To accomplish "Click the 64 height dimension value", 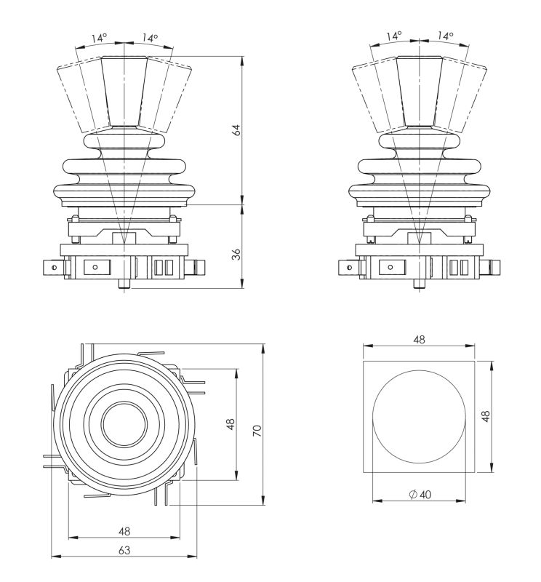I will coord(235,130).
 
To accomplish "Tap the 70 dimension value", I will coord(256,431).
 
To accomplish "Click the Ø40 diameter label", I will coord(420,494).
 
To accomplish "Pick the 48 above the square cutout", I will coord(419,340).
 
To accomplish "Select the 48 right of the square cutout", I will coord(485,415).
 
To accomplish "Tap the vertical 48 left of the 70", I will coord(231,424).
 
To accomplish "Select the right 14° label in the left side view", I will coord(150,38).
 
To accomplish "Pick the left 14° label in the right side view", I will coord(393,35).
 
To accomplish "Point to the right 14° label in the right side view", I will coord(445,35).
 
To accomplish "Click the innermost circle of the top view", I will coord(123,425).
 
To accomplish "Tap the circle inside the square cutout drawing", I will coord(418,417).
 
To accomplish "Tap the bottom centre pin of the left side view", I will coord(126,284).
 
